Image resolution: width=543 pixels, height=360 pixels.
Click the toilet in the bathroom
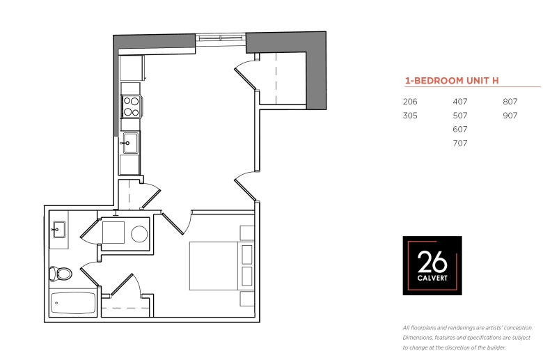(x=61, y=274)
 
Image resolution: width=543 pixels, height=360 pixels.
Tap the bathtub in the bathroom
(x=72, y=304)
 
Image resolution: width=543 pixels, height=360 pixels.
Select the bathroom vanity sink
(x=58, y=230)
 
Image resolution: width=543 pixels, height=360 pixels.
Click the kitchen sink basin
(x=130, y=143)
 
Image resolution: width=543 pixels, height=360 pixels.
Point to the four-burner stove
(x=132, y=107)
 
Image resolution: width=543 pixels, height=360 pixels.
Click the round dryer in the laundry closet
(x=139, y=234)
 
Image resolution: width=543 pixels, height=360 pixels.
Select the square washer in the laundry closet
(x=113, y=233)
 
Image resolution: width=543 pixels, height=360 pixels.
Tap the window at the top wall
(x=221, y=40)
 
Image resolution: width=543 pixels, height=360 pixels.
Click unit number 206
(x=410, y=102)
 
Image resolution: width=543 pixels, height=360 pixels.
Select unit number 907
(x=510, y=116)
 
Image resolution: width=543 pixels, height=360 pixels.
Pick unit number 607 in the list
(x=460, y=130)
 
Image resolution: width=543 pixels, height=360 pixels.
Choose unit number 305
(x=410, y=116)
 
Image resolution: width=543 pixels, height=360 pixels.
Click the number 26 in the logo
(x=432, y=262)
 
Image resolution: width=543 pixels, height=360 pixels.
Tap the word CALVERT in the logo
(x=432, y=278)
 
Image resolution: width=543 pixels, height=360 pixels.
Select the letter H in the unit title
(x=495, y=81)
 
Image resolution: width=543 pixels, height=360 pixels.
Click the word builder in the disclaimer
(x=496, y=347)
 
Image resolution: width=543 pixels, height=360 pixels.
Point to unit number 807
(x=510, y=102)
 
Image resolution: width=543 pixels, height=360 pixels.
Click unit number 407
(x=460, y=102)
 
